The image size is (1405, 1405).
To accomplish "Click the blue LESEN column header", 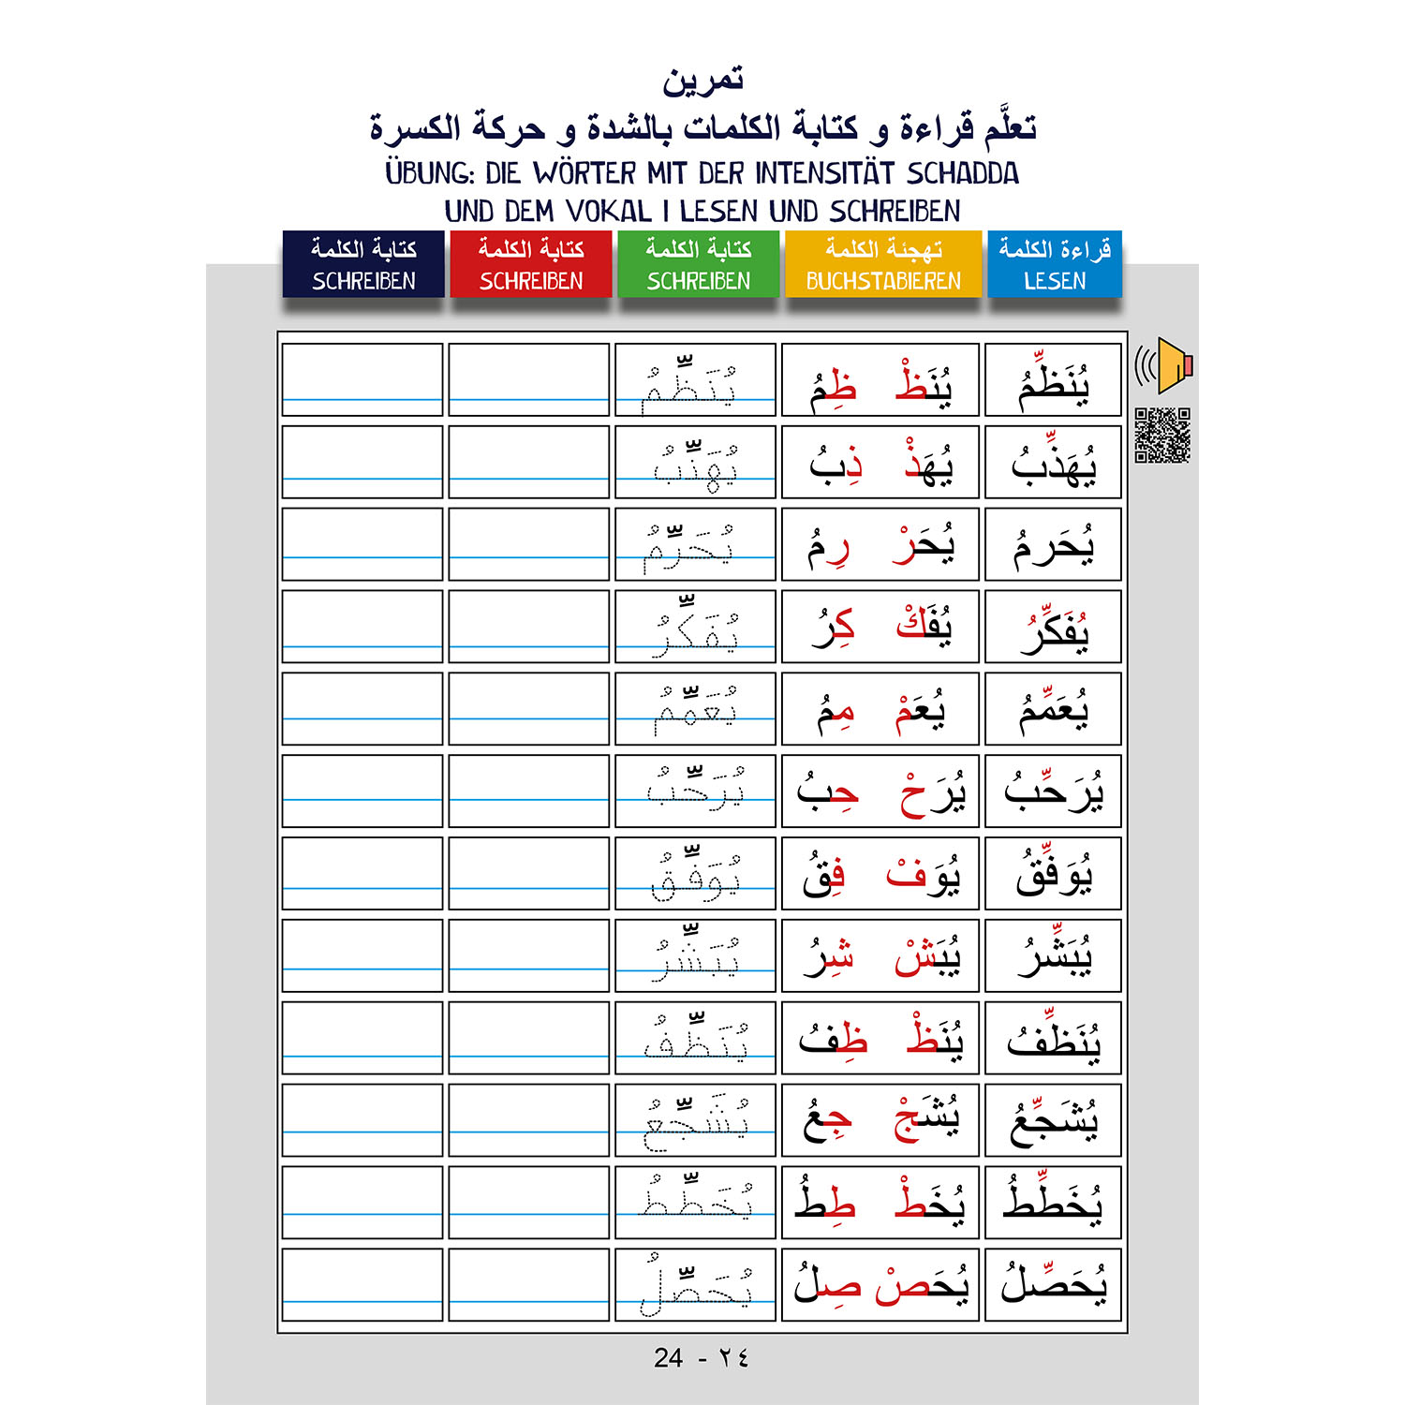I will coord(1054,264).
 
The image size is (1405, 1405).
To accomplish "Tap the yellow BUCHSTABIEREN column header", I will coord(882,264).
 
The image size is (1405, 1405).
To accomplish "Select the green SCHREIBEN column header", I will coord(698,264).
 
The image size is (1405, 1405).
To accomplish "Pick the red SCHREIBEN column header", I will coord(531,264).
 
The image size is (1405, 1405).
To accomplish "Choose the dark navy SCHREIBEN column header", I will coord(363,264).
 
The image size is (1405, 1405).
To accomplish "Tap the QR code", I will coord(1162,436).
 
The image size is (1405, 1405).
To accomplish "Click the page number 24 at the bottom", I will coord(669,1358).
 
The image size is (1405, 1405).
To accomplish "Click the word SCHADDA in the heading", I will coord(962,173).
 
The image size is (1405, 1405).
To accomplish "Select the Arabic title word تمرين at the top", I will coord(702,81).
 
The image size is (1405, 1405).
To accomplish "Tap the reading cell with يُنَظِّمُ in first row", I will coord(1054,380).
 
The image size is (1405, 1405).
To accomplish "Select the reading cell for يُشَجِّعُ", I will coord(1054,1120).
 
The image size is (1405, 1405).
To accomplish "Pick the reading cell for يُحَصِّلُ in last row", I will coord(1054,1284).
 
